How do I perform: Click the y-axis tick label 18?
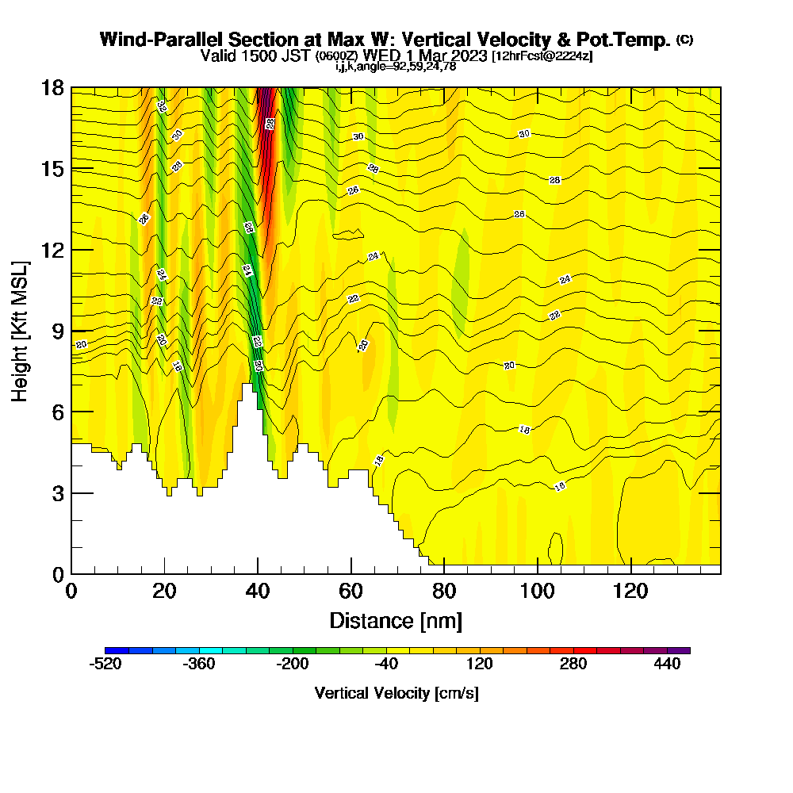(x=52, y=88)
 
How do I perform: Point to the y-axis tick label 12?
(x=52, y=250)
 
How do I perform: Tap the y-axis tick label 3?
(x=58, y=492)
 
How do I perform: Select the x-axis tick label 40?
(x=258, y=591)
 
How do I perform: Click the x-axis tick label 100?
(x=538, y=591)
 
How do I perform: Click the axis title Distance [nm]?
(x=396, y=620)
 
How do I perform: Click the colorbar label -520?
(x=105, y=665)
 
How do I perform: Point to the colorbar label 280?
(x=573, y=665)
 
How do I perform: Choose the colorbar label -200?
(x=293, y=665)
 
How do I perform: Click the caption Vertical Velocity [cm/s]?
(x=396, y=693)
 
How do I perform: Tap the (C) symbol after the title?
(x=684, y=40)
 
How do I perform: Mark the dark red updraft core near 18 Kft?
(x=267, y=99)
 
